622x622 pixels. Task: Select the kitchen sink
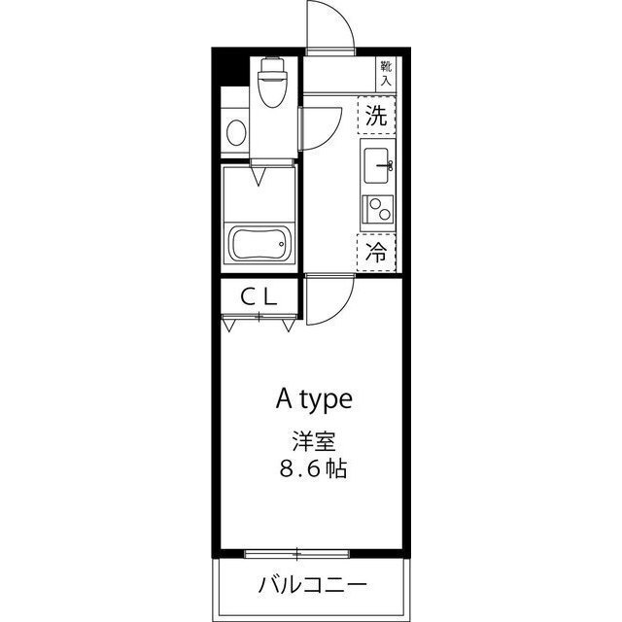(x=376, y=166)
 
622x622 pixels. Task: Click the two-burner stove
(x=376, y=209)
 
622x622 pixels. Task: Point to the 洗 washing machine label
(x=376, y=118)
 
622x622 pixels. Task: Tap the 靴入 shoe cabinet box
(x=386, y=74)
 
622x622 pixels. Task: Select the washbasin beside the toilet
(x=233, y=131)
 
